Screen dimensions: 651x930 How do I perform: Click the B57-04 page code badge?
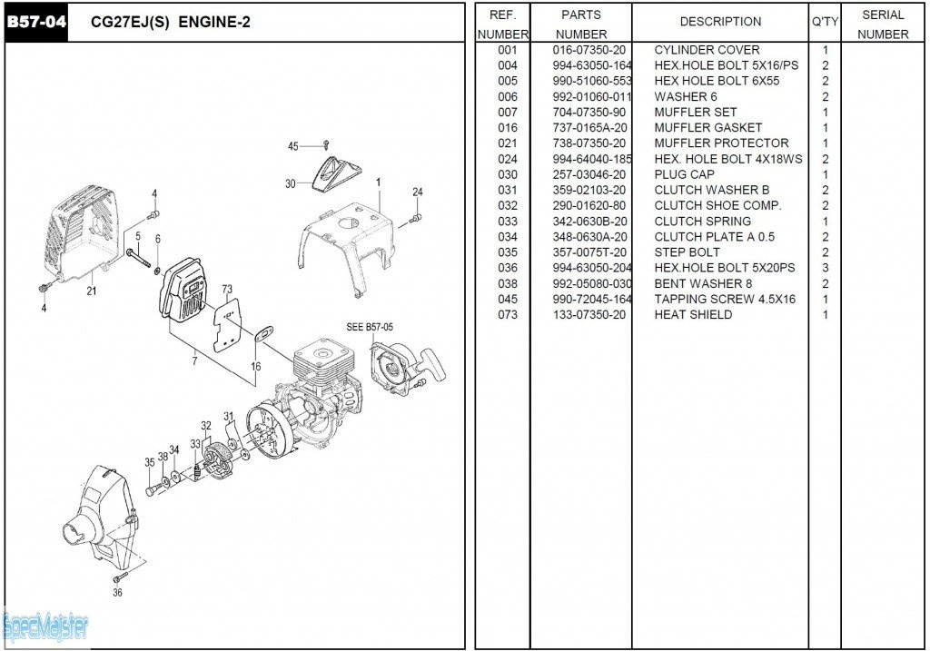click(37, 22)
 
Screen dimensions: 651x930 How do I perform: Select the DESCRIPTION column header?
click(720, 22)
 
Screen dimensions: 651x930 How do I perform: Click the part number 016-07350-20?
click(589, 50)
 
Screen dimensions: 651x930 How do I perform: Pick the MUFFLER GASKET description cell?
click(707, 128)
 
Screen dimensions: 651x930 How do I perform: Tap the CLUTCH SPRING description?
click(702, 222)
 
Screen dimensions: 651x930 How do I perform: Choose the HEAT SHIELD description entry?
click(692, 315)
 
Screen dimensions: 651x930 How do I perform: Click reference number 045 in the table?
click(507, 300)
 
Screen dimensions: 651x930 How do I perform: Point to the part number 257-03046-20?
click(589, 174)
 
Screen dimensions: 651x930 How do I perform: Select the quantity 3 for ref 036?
click(825, 268)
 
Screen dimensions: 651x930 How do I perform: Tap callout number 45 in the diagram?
click(292, 146)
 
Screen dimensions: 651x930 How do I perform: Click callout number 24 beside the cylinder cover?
click(417, 192)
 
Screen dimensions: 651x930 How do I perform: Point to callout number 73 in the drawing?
click(226, 291)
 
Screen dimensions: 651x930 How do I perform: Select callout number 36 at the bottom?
click(117, 593)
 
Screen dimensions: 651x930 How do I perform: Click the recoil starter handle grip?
click(435, 361)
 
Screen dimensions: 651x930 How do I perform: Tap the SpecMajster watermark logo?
click(45, 626)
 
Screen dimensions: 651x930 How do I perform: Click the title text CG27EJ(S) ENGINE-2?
click(170, 23)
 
